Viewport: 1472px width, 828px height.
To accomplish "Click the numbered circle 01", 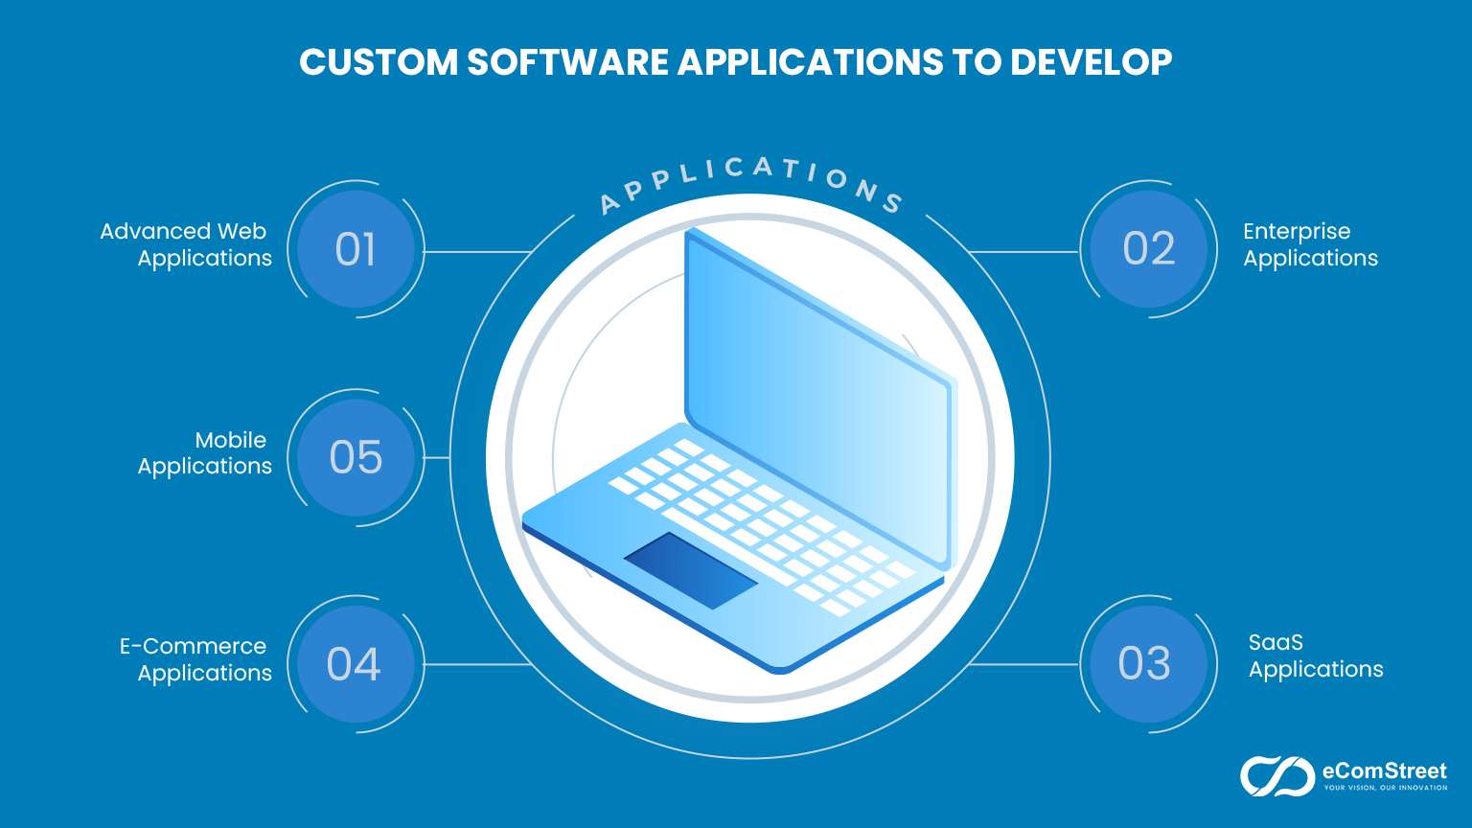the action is tap(356, 250).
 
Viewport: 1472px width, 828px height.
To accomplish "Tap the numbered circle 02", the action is tap(1148, 249).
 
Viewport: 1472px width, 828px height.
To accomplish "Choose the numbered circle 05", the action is tap(356, 458).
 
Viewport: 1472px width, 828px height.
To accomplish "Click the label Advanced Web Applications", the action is tap(187, 244).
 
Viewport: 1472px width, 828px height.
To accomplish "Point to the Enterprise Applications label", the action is tap(1309, 244).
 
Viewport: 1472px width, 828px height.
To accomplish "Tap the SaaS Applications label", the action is tap(1315, 656).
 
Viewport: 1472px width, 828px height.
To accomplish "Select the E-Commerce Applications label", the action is tap(195, 659).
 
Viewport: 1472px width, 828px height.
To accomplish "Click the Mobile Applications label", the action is tap(205, 453).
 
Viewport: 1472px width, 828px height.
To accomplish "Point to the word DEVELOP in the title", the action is tap(1091, 62).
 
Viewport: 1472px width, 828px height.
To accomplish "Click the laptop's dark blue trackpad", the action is tap(690, 570).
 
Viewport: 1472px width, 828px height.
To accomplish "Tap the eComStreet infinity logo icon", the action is tap(1276, 776).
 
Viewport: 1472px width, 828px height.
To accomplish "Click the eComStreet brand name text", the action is tap(1384, 770).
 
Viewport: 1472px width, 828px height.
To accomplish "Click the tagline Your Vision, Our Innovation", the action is tap(1385, 788).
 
